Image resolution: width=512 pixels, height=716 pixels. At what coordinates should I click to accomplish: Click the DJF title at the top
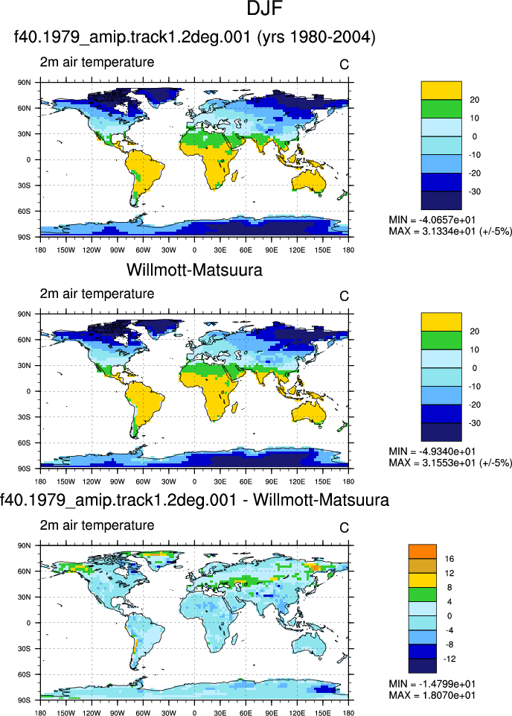tap(264, 8)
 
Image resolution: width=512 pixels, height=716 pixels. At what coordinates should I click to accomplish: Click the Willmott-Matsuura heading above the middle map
tap(194, 270)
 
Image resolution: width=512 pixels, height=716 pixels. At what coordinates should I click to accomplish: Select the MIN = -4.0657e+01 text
tap(432, 220)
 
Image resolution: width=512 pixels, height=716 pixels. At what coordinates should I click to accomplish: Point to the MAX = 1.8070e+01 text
tap(432, 695)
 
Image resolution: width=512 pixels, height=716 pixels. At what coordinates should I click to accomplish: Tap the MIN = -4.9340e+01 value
tap(432, 452)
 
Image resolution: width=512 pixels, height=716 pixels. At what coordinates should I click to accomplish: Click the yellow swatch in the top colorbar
tap(441, 90)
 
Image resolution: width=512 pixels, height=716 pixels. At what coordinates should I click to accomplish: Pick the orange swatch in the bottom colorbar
tap(422, 551)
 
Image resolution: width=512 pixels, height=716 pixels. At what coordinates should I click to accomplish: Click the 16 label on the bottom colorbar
tap(449, 559)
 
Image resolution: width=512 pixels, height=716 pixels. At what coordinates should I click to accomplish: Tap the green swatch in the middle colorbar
tap(441, 340)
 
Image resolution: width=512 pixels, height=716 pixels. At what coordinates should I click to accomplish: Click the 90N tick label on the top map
tap(25, 83)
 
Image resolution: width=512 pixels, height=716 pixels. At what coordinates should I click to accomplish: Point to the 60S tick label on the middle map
tap(25, 443)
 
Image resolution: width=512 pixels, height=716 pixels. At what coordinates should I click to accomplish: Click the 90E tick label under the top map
tap(272, 250)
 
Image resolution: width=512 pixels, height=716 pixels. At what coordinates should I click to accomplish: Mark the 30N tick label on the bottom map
tap(25, 598)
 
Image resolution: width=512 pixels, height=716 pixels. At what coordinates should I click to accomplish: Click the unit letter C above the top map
tap(345, 65)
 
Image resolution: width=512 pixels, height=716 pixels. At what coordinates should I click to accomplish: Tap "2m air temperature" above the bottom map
tap(97, 525)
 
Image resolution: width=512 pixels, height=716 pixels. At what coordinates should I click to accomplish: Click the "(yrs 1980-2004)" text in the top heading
tap(316, 37)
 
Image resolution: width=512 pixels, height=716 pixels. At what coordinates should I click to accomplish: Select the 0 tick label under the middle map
tap(195, 482)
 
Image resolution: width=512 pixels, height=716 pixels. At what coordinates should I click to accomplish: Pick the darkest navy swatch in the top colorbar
tap(441, 200)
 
